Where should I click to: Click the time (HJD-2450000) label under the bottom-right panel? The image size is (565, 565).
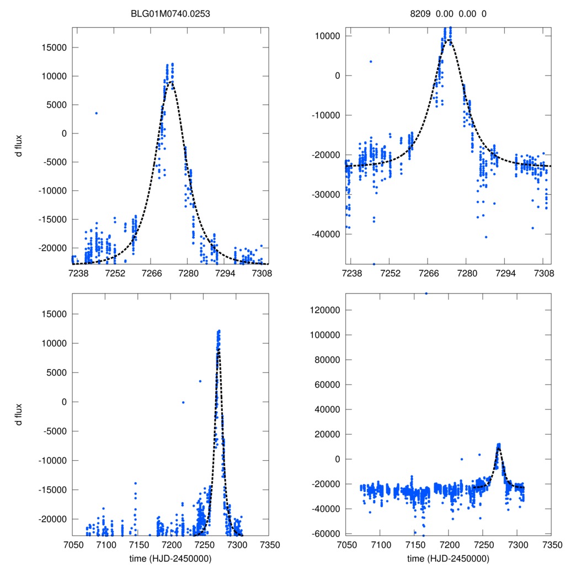click(x=449, y=558)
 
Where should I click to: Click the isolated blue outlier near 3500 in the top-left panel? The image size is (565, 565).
click(x=96, y=113)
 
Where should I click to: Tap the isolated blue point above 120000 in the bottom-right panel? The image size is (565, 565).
click(x=426, y=294)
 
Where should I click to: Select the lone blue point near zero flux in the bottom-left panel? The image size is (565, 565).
click(x=183, y=402)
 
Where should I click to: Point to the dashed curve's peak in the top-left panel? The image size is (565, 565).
click(x=172, y=82)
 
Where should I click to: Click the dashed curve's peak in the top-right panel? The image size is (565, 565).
click(x=450, y=40)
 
